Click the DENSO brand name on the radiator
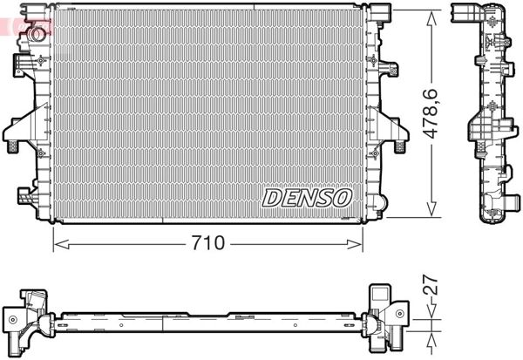[x=307, y=198]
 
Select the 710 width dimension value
[x=209, y=243]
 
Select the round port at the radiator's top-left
[x=37, y=34]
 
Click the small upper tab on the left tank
[x=21, y=62]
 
